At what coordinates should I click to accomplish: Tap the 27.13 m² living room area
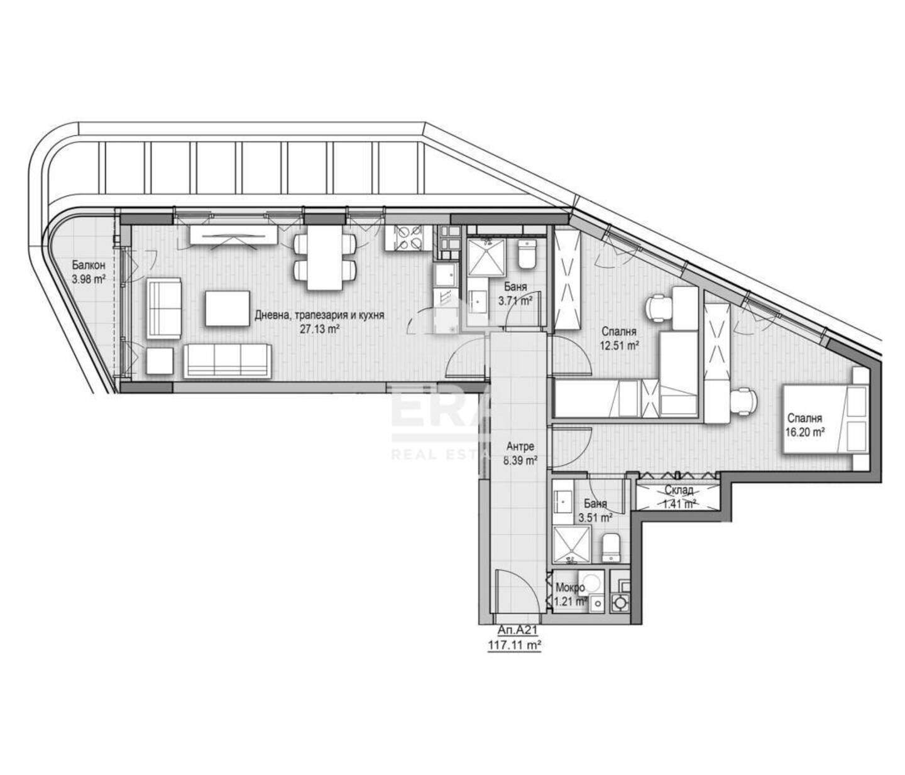pos(319,329)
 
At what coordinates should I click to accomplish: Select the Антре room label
pos(520,447)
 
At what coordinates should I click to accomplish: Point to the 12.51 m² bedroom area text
pos(618,345)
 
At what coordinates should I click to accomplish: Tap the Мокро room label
pos(570,587)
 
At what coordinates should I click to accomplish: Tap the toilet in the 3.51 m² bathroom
pos(612,548)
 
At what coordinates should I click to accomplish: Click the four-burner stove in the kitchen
pos(405,237)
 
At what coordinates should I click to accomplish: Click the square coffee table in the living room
pos(226,308)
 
